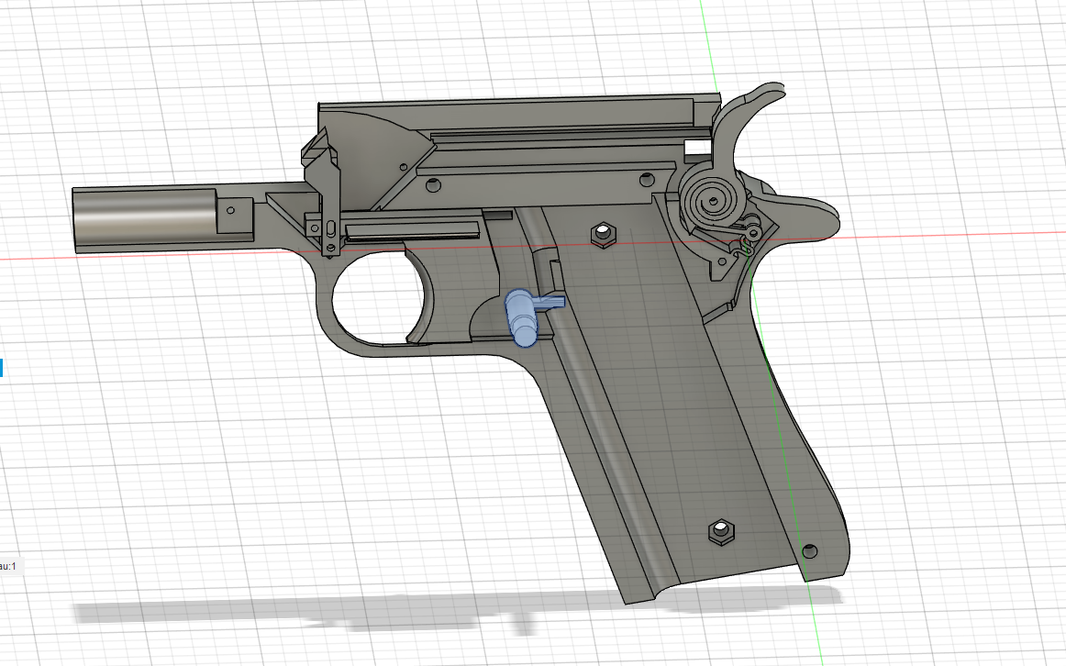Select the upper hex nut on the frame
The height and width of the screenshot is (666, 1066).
603,235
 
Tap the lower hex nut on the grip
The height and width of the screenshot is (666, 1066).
720,531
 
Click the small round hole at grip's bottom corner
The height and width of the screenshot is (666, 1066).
808,550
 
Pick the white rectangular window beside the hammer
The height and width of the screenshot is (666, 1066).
698,147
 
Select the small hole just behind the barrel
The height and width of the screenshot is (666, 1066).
230,210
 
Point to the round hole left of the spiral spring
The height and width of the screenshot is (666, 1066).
649,175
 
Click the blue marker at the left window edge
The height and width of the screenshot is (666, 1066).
2,368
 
